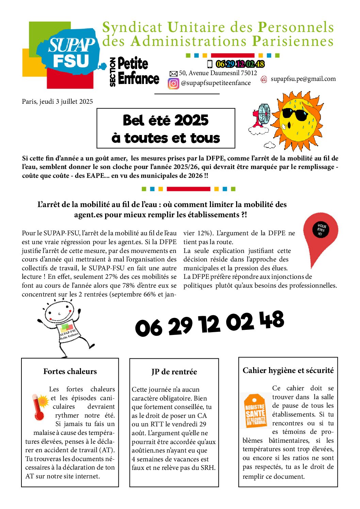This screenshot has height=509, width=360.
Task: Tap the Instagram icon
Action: coord(173,83)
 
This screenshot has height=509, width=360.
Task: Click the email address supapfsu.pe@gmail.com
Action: coord(303,79)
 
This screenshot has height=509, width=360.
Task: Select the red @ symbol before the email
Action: coord(264,79)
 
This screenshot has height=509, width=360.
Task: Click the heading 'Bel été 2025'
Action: coord(166,120)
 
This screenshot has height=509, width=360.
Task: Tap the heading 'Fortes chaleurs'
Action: coord(70,371)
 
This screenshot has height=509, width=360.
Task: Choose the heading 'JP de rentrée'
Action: coord(174,372)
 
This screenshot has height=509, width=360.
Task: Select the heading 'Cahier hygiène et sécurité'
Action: coord(288,370)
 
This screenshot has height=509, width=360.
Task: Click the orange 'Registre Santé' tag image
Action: coord(255,411)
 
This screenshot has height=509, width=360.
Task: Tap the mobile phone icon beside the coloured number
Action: coord(210,64)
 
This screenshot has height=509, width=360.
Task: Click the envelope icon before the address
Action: coord(174,74)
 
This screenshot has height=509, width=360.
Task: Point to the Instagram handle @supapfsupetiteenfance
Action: coord(216,83)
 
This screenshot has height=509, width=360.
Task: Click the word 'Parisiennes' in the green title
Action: coord(293,41)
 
